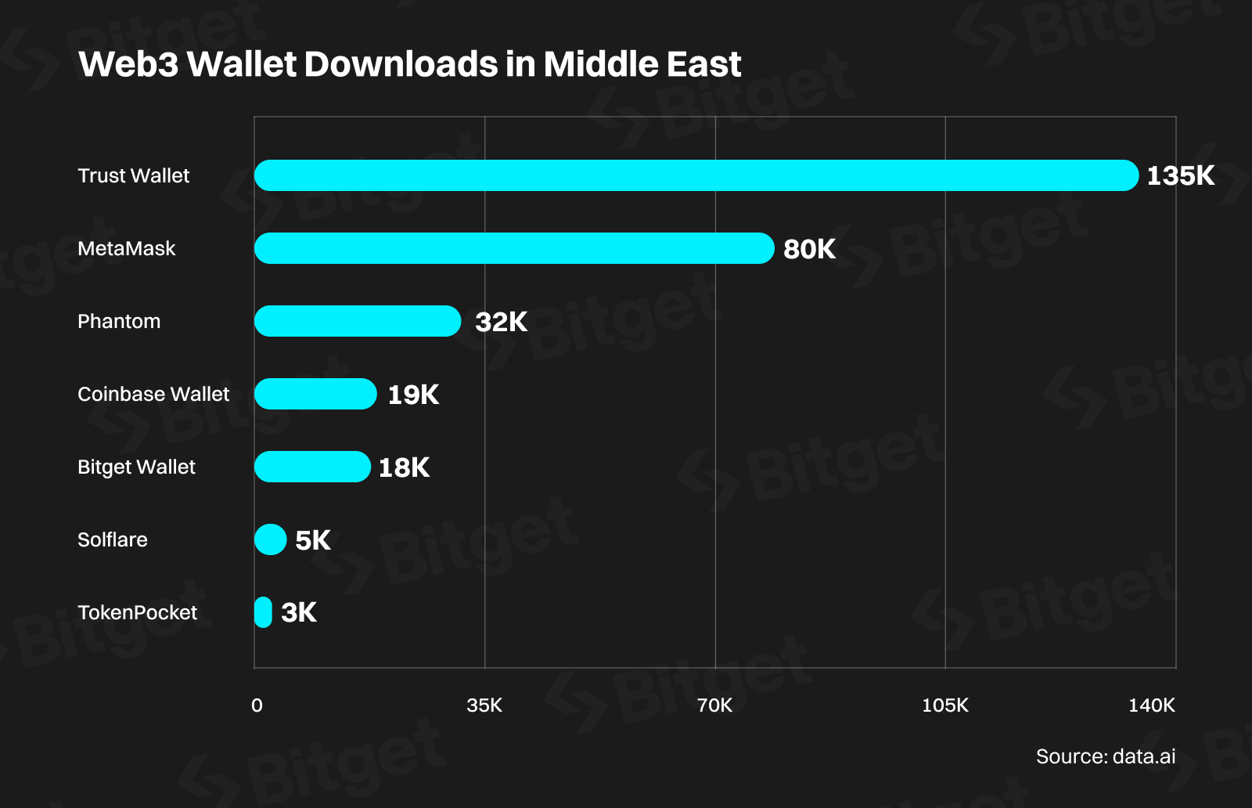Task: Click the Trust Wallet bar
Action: coord(696,175)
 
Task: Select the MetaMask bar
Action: coord(514,248)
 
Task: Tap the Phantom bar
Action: coord(358,321)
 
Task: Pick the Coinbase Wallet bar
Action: coord(315,394)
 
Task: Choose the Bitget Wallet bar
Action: coord(312,467)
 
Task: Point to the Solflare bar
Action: coord(271,539)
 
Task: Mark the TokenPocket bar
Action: coord(263,612)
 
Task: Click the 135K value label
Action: coord(1180,175)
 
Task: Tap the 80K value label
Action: coord(809,249)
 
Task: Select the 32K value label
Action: coord(501,322)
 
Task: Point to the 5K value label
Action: coord(312,540)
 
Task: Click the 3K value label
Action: coord(299,612)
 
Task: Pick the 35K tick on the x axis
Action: coord(484,705)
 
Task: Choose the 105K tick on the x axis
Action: coord(944,705)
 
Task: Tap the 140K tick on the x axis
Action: coord(1151,705)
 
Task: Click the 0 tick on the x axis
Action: coord(257,705)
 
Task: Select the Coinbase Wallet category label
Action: coord(153,394)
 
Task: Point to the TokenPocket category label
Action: coord(137,612)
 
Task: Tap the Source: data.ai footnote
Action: coord(1105,756)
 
